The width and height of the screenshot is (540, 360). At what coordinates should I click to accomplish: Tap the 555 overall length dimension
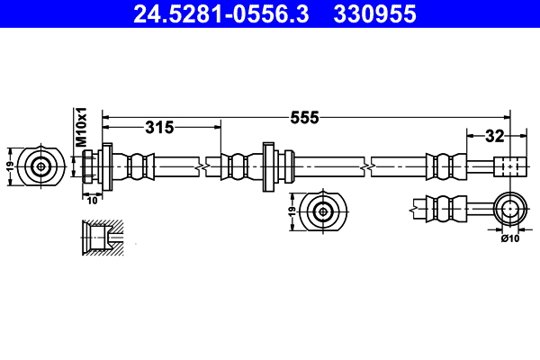pyautogui.click(x=305, y=117)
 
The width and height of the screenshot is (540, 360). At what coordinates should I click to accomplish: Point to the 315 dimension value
pyautogui.click(x=158, y=128)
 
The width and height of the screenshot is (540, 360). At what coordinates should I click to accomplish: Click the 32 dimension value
pyautogui.click(x=494, y=136)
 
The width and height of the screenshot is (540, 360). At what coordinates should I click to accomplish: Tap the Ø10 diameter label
pyautogui.click(x=510, y=238)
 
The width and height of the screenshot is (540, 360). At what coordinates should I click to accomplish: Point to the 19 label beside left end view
pyautogui.click(x=10, y=166)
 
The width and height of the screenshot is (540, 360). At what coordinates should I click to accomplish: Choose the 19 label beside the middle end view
pyautogui.click(x=291, y=212)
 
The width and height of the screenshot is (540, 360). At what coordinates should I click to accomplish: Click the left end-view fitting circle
pyautogui.click(x=41, y=166)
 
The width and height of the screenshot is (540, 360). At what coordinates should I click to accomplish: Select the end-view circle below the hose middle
pyautogui.click(x=323, y=212)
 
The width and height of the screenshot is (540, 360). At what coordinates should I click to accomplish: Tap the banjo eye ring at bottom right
pyautogui.click(x=510, y=210)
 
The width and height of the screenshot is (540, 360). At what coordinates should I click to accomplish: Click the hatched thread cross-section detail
pyautogui.click(x=101, y=238)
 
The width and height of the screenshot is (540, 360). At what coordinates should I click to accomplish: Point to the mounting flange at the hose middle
pyautogui.click(x=268, y=166)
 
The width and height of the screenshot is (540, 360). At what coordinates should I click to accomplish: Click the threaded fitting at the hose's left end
pyautogui.click(x=90, y=166)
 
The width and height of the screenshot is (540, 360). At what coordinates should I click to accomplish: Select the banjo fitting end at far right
pyautogui.click(x=508, y=166)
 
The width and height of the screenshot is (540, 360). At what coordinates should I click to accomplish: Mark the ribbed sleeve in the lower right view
pyautogui.click(x=447, y=210)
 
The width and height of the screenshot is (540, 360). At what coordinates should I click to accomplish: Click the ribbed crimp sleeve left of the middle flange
pyautogui.click(x=237, y=166)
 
